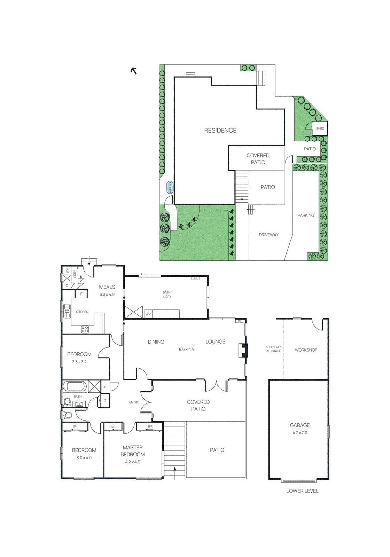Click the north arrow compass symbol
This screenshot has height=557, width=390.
pyautogui.click(x=134, y=71)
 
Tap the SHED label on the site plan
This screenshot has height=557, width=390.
pyautogui.click(x=320, y=128)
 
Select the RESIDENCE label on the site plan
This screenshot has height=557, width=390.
pyautogui.click(x=220, y=131)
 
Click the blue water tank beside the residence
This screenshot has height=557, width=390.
pyautogui.click(x=170, y=187)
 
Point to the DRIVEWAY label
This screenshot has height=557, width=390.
pyautogui.click(x=268, y=235)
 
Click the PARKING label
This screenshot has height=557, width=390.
pyautogui.click(x=306, y=215)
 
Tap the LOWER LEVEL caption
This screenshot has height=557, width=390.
pyautogui.click(x=302, y=491)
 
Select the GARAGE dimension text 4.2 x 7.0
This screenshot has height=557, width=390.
pyautogui.click(x=300, y=433)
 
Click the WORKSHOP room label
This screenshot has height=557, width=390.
pyautogui.click(x=306, y=350)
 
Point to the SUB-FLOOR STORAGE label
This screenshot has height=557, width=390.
pyautogui.click(x=274, y=349)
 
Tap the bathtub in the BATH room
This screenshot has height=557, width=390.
pyautogui.click(x=75, y=386)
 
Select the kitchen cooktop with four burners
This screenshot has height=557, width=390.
pyautogui.click(x=85, y=329)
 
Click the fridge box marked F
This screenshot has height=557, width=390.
pyautogui.click(x=81, y=294)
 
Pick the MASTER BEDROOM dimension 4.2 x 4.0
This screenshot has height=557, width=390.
pyautogui.click(x=133, y=462)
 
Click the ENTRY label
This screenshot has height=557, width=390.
pyautogui.click(x=134, y=402)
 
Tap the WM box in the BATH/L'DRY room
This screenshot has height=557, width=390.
pyautogui.click(x=149, y=314)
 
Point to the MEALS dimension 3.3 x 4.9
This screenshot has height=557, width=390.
pyautogui.click(x=107, y=295)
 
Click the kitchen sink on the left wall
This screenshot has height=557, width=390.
pyautogui.click(x=67, y=311)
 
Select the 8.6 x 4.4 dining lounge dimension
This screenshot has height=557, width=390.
pyautogui.click(x=186, y=349)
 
